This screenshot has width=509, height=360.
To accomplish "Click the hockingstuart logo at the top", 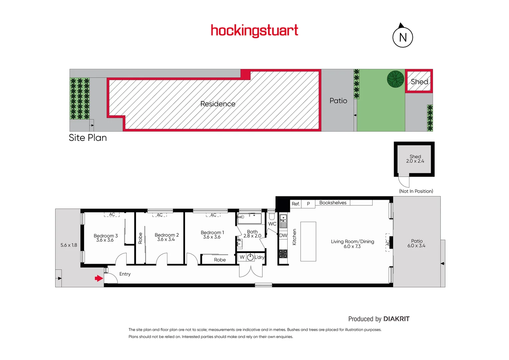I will (x=254, y=31).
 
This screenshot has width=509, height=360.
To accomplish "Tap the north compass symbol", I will (x=403, y=37).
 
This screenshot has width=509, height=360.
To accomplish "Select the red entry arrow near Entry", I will (x=99, y=278).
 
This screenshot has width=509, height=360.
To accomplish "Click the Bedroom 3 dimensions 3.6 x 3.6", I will (x=105, y=240).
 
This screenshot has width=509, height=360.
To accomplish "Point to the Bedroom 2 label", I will (x=167, y=235).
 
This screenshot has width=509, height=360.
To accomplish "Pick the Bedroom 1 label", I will (x=212, y=232).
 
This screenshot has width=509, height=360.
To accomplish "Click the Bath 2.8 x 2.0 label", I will (x=252, y=234).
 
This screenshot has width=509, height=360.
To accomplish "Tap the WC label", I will (x=272, y=224).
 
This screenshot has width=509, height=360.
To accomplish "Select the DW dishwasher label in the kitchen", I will (x=283, y=235).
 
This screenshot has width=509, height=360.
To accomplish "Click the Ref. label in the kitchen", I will (x=296, y=204).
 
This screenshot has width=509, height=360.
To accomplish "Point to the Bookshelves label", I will (x=333, y=203).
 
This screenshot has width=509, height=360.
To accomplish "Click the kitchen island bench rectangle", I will (x=308, y=241).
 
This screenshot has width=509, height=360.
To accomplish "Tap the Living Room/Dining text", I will (x=352, y=241).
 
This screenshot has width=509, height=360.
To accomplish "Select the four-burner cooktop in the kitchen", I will (x=283, y=254).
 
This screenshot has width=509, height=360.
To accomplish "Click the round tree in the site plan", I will (x=395, y=79).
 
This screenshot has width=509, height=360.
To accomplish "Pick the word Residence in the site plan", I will (x=218, y=104).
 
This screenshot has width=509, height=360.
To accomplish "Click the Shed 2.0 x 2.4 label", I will (x=415, y=159).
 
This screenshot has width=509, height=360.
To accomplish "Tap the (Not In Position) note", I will (x=416, y=191).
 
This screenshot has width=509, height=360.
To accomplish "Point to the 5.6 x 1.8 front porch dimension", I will (x=69, y=245).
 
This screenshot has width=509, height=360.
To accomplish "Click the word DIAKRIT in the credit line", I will (x=396, y=319).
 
